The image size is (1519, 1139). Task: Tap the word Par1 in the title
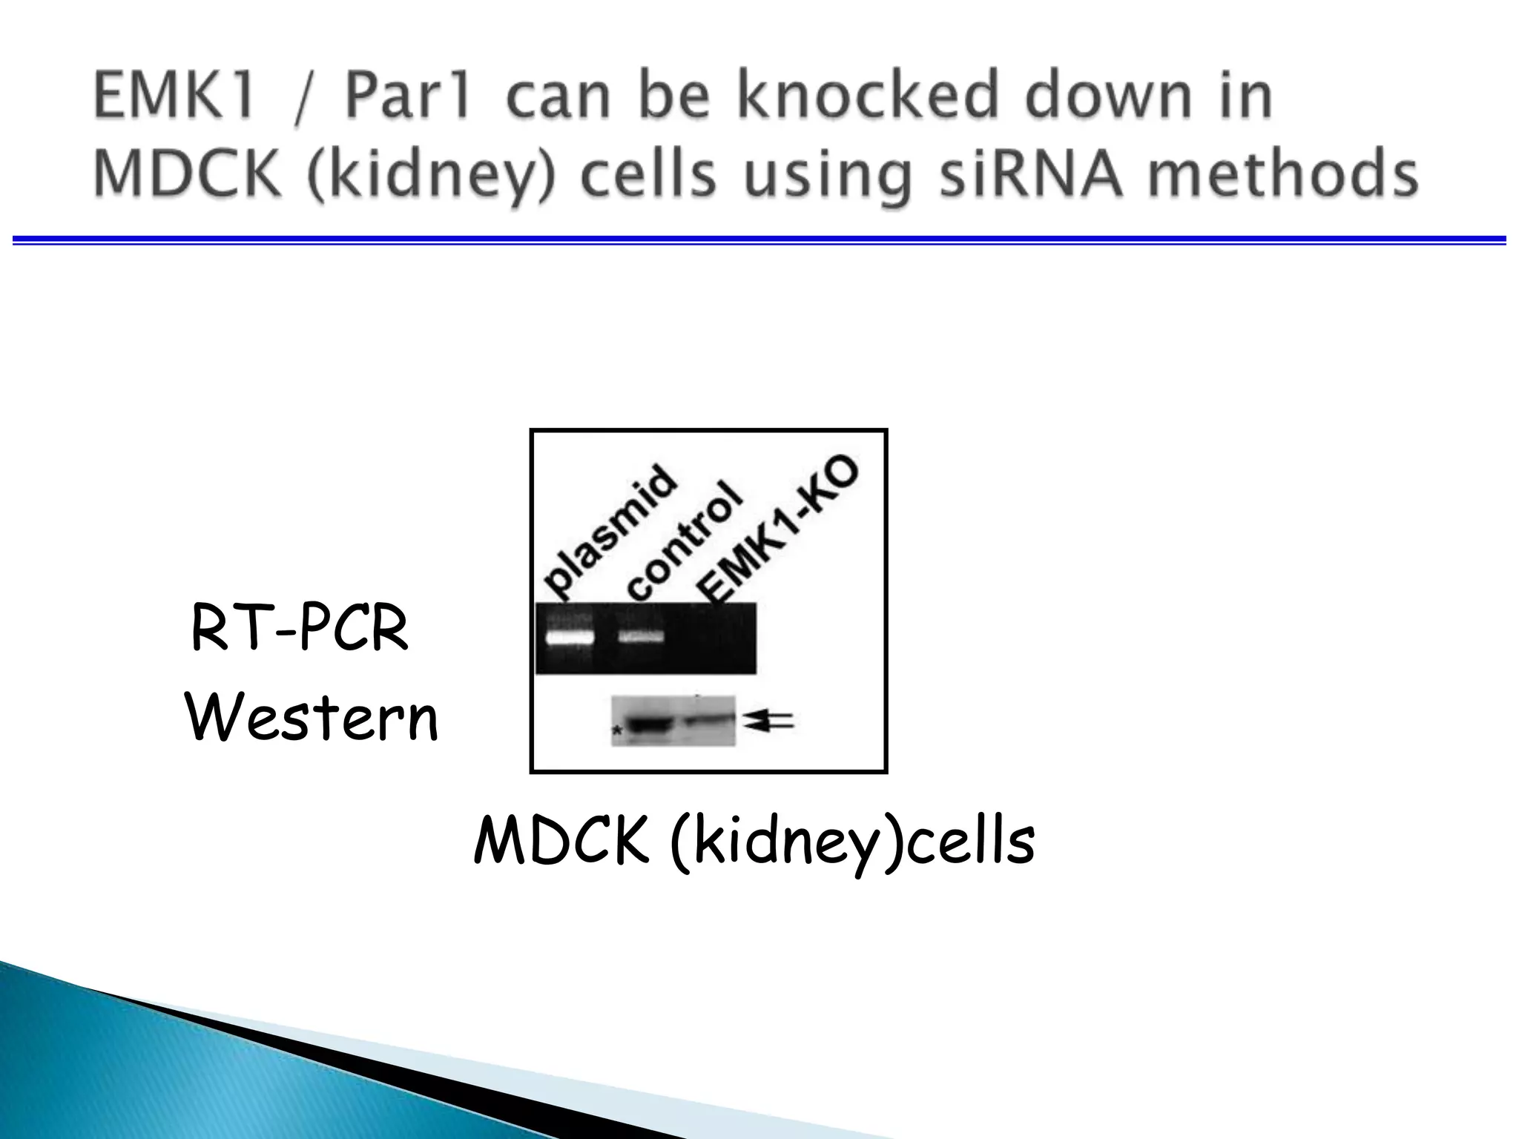tap(407, 96)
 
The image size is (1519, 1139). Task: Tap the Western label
tap(312, 717)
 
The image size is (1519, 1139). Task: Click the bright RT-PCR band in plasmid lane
tap(570, 637)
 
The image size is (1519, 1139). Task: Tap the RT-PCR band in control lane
tap(641, 636)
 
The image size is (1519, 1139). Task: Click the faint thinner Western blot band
tap(709, 719)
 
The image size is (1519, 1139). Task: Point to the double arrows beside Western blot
tap(769, 720)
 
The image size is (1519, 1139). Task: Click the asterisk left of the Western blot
tap(616, 732)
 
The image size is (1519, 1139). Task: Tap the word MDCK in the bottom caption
tap(561, 841)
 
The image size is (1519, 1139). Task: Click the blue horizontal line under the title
tap(759, 240)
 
